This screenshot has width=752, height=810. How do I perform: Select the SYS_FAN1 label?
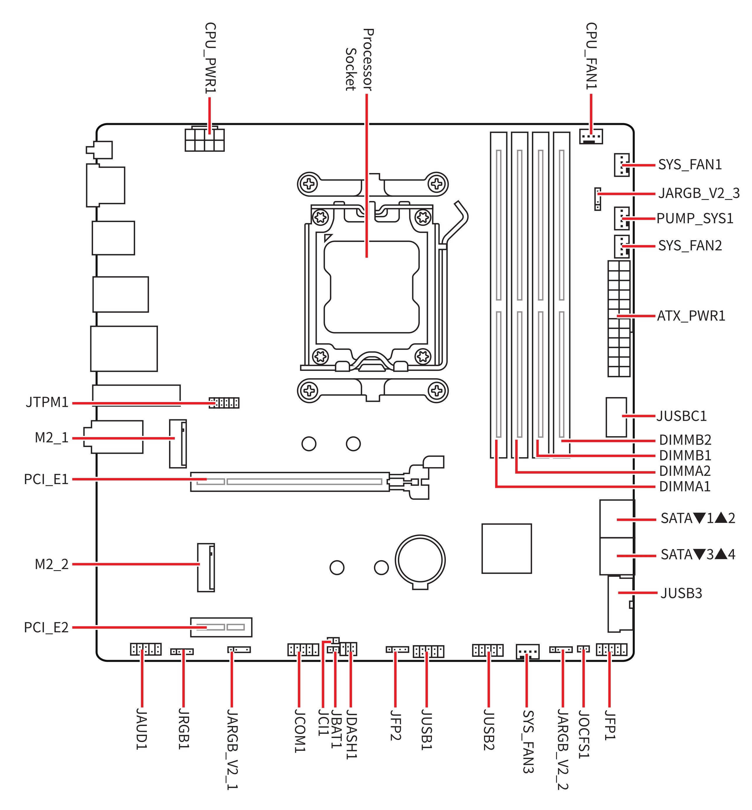coord(690,165)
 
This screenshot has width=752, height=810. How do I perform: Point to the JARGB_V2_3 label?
coord(699,193)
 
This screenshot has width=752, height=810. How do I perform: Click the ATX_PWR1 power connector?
coord(619,318)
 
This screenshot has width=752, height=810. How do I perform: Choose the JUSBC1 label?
coord(682,416)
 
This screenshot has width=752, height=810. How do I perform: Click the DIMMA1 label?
coord(685,486)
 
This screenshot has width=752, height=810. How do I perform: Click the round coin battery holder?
coord(420,560)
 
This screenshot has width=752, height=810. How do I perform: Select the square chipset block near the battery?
coord(506,549)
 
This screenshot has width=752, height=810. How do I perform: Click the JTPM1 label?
coord(47,403)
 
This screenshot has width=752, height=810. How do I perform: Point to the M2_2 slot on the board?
coord(206,567)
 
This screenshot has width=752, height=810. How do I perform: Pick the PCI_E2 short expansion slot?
coord(221,627)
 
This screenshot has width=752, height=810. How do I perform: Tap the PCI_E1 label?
coord(46,479)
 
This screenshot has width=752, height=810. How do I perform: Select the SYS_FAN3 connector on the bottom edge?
coord(528,652)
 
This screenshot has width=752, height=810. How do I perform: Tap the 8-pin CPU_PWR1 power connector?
coord(204,140)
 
